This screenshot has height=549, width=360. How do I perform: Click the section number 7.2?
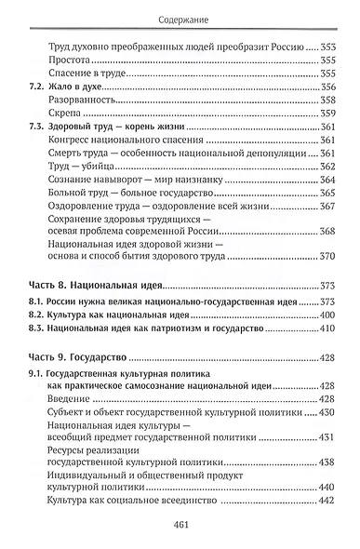point(39,112)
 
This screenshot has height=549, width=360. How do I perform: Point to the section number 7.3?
point(39,152)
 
